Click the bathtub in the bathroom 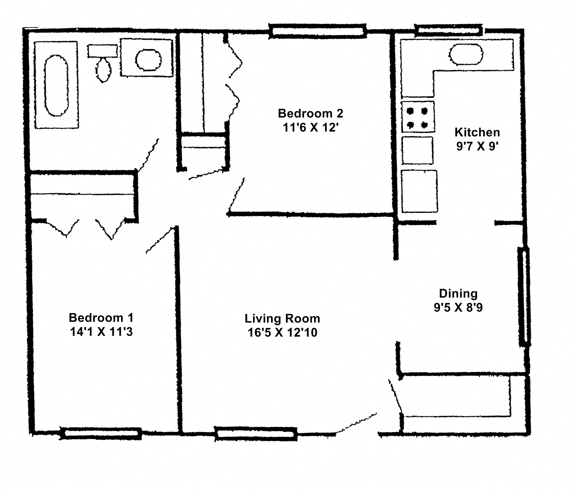point(56,85)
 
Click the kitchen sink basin point(466,55)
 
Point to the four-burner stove point(417,117)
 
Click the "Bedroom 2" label point(310,114)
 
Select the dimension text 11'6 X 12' point(310,128)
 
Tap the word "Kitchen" point(477,132)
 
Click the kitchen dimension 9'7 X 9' point(477,146)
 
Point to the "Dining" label point(458,294)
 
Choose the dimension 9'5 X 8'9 point(458,307)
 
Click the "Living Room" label point(282,319)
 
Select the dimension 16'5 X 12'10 point(282,332)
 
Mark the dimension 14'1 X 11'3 point(101,332)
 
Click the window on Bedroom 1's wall point(101,433)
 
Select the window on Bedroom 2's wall point(318,31)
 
